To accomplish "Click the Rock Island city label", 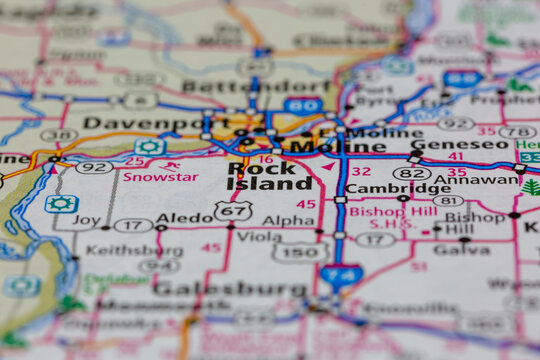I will [269, 176].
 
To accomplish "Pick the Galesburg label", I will [214, 288].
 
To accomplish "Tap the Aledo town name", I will [185, 217].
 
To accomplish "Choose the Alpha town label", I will [287, 220].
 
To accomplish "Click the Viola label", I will [259, 237].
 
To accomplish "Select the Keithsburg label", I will [121, 249].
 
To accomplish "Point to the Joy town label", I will [86, 220].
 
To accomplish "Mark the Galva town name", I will [461, 249].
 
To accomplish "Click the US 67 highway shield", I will [232, 211].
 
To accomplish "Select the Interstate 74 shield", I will [341, 276].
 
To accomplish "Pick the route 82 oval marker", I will [412, 173].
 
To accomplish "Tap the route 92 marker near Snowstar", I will [94, 167].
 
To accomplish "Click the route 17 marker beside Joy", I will [133, 225].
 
